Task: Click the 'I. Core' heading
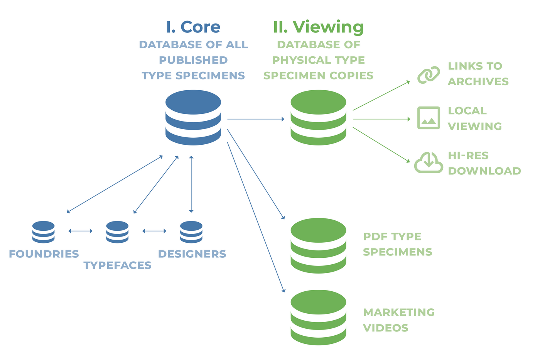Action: tap(193, 27)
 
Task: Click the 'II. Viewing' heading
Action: tap(318, 27)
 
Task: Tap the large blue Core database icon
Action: tap(193, 117)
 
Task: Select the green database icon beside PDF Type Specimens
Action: tap(318, 246)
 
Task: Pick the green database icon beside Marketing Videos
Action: tap(318, 317)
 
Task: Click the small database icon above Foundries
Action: tap(43, 232)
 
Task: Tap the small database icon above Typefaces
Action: tap(117, 232)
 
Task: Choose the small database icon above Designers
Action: tap(191, 232)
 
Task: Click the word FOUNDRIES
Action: tap(44, 254)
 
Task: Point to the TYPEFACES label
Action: tap(117, 265)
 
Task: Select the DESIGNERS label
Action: tap(192, 254)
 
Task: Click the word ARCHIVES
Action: tap(478, 81)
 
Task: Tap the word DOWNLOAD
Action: tap(484, 171)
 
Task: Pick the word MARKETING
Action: tap(399, 312)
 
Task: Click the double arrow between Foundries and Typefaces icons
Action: tap(80, 231)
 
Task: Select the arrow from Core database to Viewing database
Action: tap(256, 119)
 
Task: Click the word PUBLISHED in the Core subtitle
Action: tap(193, 60)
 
